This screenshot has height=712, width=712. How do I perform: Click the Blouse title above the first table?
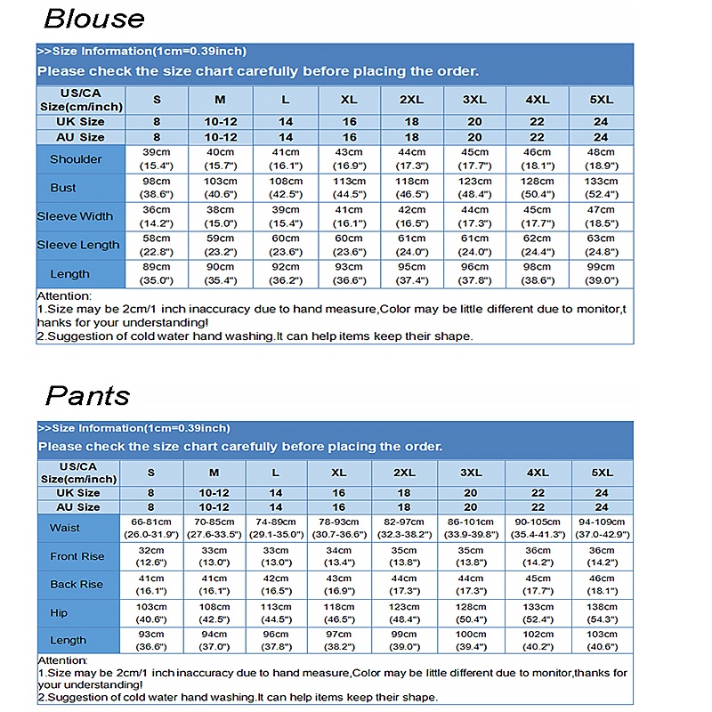[93, 19]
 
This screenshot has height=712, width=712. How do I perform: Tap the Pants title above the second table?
[87, 395]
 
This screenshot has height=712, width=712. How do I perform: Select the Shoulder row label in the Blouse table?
[76, 159]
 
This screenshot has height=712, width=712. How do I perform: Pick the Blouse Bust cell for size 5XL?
[601, 188]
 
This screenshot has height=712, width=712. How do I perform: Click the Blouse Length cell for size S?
[157, 274]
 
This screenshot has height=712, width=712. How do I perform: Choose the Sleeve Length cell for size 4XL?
[537, 245]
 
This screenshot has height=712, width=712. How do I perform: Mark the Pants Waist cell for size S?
[150, 528]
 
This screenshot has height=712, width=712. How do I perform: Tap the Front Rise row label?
[77, 556]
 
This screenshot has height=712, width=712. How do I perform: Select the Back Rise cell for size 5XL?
[602, 585]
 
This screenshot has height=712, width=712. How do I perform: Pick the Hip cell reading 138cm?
[602, 613]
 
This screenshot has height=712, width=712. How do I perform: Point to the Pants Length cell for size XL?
[338, 641]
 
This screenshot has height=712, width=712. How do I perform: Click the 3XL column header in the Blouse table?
[474, 100]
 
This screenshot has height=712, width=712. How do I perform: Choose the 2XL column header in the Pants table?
[405, 473]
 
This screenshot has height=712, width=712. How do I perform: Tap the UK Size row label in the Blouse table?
[79, 122]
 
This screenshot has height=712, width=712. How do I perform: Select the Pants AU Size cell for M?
[214, 506]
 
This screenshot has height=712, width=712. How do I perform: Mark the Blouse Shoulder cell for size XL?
[349, 159]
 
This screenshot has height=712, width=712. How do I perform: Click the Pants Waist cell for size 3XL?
[471, 528]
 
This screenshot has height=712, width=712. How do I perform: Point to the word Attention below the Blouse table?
[64, 296]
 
